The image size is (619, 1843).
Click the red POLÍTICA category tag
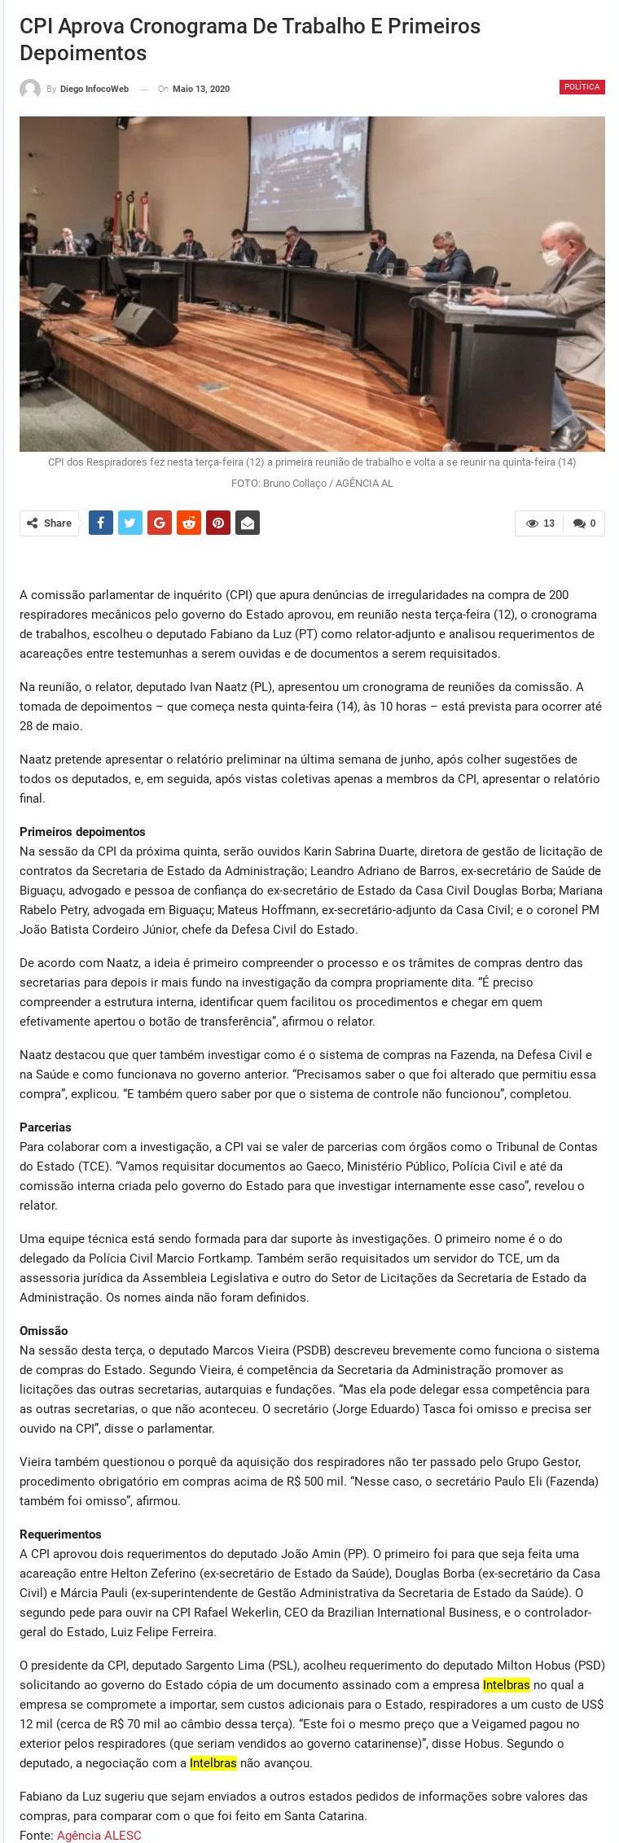coord(582,87)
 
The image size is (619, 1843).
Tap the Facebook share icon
coord(100,523)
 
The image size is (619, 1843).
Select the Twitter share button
coord(130,523)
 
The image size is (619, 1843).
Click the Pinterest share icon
coord(218,523)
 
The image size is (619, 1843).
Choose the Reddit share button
coord(189,523)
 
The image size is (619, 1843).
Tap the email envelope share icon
coord(248,523)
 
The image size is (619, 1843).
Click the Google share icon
coord(160,523)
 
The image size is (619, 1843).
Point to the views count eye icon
coord(532,523)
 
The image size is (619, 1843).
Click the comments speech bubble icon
coord(579,523)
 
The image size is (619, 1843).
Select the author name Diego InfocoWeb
coord(94,90)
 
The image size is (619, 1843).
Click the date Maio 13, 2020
coord(200,90)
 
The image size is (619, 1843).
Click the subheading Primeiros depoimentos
coord(82,832)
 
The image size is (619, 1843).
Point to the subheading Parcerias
coord(46,1127)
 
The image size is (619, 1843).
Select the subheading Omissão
coord(44,1331)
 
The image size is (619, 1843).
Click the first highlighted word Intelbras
coord(506,1685)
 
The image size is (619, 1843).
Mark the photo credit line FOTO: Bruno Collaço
coord(312,484)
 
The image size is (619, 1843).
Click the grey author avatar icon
coord(30,90)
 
